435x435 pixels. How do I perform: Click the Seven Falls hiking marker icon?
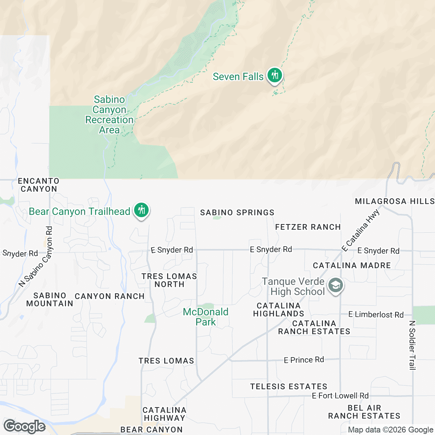pos(275,75)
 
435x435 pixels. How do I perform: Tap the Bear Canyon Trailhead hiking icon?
pos(141,210)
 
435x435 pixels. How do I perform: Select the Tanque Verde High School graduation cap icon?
pos(336,286)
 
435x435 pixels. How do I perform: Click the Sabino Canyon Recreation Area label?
pos(109,115)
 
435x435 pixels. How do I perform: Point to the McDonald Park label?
pos(206,316)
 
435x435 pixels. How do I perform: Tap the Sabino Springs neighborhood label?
pos(237,212)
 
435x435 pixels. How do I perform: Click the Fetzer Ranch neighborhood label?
pos(308,227)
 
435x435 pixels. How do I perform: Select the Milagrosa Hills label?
pos(394,201)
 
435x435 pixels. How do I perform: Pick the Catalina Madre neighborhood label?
pos(352,265)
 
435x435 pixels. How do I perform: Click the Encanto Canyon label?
pos(39,185)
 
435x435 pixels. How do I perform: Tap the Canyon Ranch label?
pos(109,296)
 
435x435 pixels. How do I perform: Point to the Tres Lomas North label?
pos(169,280)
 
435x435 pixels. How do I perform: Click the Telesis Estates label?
pos(289,386)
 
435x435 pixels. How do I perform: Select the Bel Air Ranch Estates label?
pos(364,412)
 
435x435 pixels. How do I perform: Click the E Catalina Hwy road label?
pos(361,230)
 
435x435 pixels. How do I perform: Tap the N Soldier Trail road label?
pos(412,345)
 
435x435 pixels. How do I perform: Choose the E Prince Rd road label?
pos(304,360)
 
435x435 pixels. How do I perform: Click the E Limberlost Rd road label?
pos(376,314)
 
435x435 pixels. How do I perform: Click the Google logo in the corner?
pos(25,426)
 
